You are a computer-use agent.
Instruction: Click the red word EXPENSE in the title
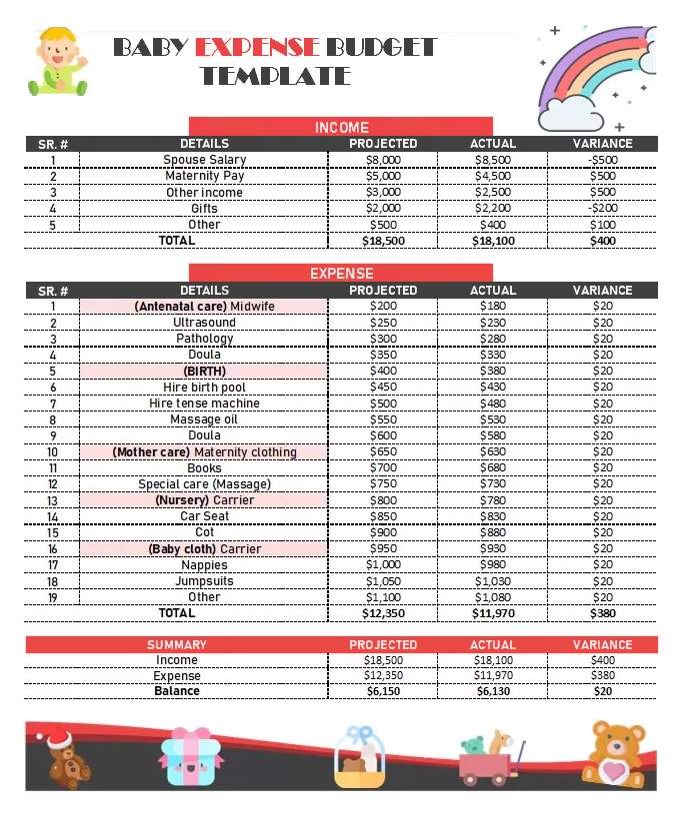(x=257, y=47)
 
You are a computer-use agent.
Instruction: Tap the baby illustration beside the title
(x=56, y=62)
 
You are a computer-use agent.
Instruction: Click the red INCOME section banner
(x=341, y=127)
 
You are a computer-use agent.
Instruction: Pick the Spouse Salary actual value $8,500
(x=492, y=160)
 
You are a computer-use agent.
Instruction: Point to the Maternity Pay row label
(x=204, y=176)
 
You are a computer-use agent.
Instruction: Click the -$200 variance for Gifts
(x=602, y=209)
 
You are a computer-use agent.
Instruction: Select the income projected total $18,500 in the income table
(x=383, y=241)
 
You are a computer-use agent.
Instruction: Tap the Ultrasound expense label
(x=204, y=323)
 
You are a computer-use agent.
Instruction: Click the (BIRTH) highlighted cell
(x=204, y=371)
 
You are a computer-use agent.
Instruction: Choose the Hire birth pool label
(x=204, y=388)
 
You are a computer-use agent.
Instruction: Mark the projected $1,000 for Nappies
(x=383, y=565)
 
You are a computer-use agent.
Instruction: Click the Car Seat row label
(x=204, y=516)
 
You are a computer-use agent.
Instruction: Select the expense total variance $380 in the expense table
(x=602, y=613)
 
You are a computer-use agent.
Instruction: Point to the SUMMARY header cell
(x=177, y=645)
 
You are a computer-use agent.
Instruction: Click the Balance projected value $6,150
(x=383, y=691)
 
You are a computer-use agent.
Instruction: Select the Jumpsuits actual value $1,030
(x=492, y=581)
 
